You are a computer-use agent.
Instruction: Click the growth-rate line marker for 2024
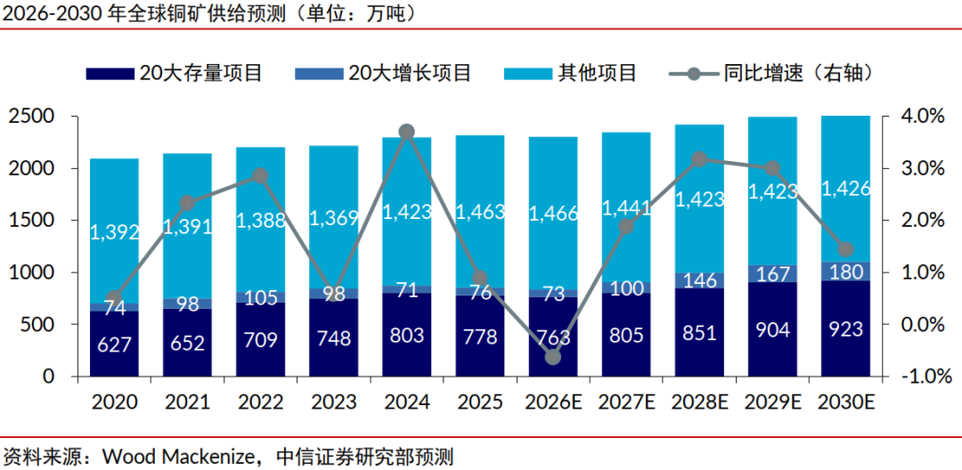[407, 132]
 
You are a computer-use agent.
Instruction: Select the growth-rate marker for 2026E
[553, 357]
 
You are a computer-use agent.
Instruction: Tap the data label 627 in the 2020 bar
[114, 344]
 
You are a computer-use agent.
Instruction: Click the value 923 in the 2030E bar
[845, 329]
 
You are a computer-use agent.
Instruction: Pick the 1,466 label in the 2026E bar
[553, 214]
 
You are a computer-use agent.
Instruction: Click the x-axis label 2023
[333, 402]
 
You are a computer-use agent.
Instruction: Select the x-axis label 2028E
[699, 402]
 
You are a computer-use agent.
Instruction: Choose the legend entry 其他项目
[570, 74]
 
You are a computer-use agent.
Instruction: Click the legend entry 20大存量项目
[175, 74]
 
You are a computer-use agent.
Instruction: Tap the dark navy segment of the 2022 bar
[260, 339]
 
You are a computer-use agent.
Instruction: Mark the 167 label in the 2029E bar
[772, 274]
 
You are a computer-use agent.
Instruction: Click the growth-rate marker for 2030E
[845, 249]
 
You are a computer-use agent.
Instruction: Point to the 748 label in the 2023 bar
[333, 337]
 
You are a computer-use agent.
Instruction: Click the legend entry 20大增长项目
[383, 74]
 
